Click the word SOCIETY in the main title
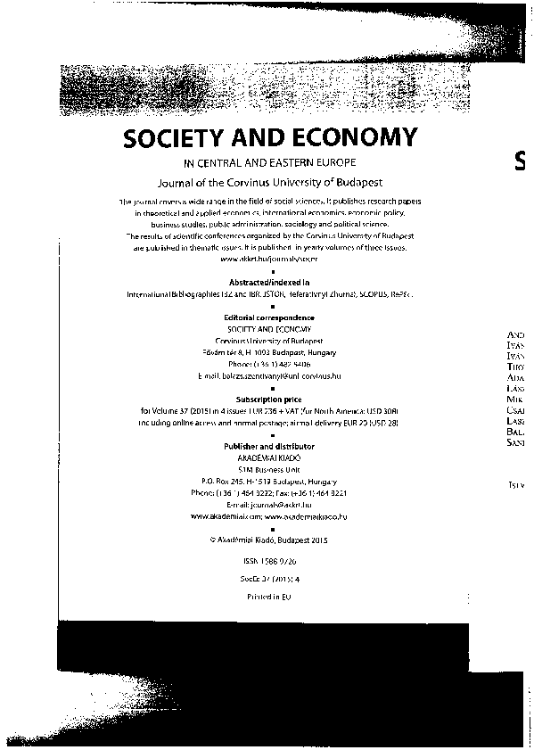click(x=177, y=138)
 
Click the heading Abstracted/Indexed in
click(x=268, y=282)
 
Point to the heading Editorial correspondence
click(x=268, y=317)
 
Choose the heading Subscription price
click(x=268, y=399)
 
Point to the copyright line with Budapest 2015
click(x=268, y=539)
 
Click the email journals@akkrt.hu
click(x=268, y=504)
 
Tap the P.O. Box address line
click(x=268, y=480)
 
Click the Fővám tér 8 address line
click(x=268, y=352)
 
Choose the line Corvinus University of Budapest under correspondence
click(x=268, y=341)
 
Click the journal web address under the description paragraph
click(x=268, y=259)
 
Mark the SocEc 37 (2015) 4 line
click(x=268, y=579)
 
